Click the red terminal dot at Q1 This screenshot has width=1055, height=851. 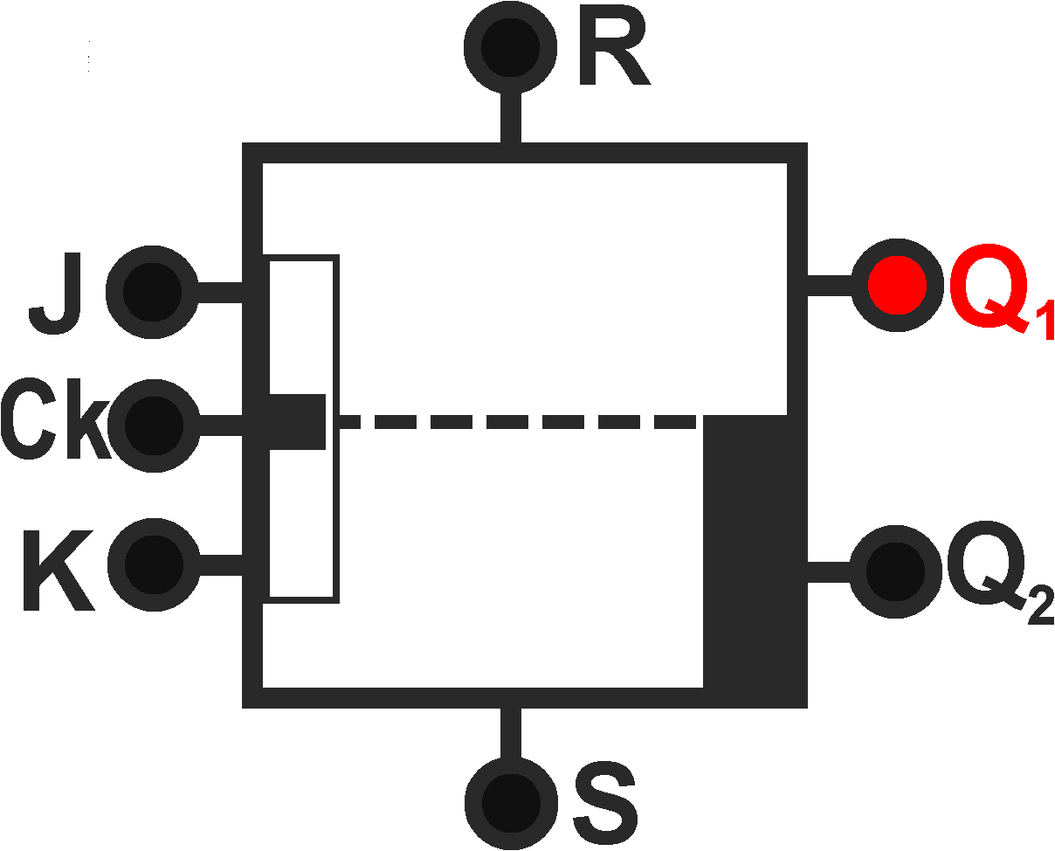(897, 285)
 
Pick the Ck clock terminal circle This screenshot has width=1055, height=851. (152, 425)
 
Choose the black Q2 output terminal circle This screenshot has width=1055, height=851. (894, 571)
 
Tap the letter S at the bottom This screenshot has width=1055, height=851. (605, 802)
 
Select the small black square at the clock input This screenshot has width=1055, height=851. (297, 421)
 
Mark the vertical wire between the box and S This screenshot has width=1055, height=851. (511, 732)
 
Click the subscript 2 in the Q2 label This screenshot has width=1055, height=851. (1040, 607)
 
